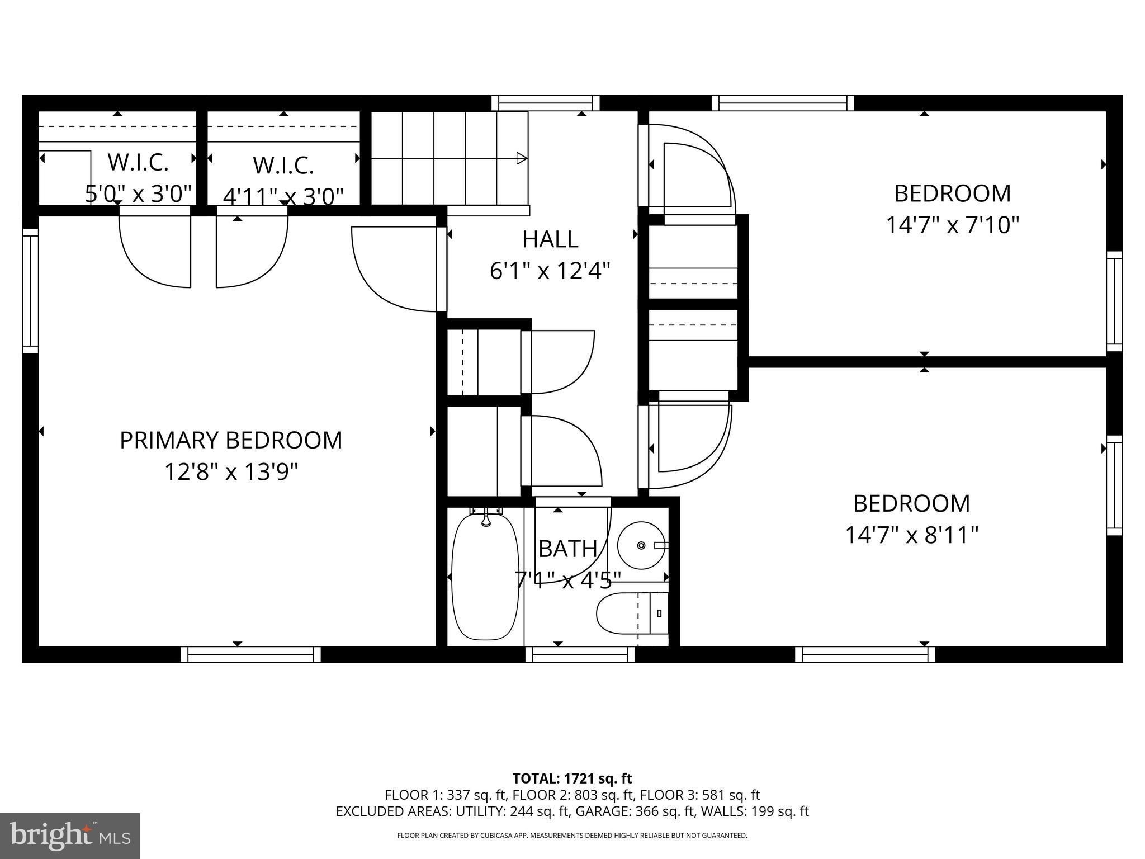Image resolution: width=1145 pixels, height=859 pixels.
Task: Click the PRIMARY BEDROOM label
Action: pyautogui.click(x=231, y=440)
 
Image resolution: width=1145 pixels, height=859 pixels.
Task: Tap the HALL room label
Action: pyautogui.click(x=550, y=239)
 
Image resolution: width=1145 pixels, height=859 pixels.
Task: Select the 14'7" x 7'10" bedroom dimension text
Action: pyautogui.click(x=953, y=225)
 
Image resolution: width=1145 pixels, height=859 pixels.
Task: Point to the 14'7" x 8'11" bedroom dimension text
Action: pyautogui.click(x=911, y=535)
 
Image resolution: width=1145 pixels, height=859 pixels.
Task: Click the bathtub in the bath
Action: pyautogui.click(x=485, y=576)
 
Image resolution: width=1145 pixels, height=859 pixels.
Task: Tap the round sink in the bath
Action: pyautogui.click(x=641, y=545)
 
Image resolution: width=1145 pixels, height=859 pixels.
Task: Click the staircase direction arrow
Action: pyautogui.click(x=521, y=158)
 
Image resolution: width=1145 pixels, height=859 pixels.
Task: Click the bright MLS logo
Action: pyautogui.click(x=70, y=836)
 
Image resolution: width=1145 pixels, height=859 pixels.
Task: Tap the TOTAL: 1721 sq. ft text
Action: pyautogui.click(x=572, y=778)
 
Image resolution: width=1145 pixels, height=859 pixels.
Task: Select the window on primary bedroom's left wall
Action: pyautogui.click(x=30, y=291)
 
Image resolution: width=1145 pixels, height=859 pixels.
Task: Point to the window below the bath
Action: pyautogui.click(x=580, y=654)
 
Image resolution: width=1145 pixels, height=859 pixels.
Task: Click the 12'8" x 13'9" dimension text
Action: pyautogui.click(x=231, y=472)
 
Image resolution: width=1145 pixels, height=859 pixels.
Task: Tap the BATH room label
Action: pyautogui.click(x=567, y=549)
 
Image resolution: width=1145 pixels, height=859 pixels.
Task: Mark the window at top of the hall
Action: pyautogui.click(x=545, y=103)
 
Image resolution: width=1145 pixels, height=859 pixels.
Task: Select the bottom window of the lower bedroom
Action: pyautogui.click(x=865, y=654)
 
